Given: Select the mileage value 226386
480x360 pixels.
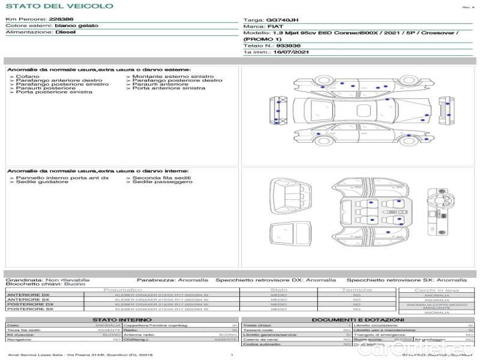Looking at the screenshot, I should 61,19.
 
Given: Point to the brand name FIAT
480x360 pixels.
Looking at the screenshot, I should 275,27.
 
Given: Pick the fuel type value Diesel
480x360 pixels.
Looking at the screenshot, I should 65,32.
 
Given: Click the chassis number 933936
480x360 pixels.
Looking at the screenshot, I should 288,46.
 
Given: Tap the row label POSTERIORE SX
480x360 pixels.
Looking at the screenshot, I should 29,309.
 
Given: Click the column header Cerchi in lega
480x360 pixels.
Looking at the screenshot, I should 436,290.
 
